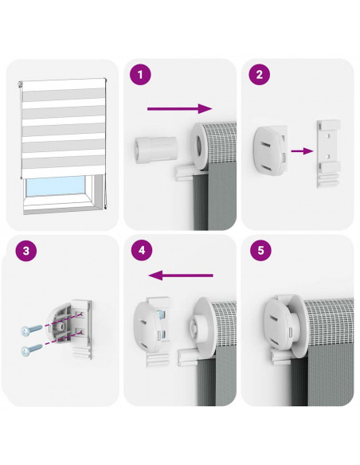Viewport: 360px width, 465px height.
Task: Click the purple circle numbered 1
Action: point(140,74)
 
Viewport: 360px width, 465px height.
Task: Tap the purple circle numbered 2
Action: point(259,74)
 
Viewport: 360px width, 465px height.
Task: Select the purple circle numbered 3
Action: point(26,251)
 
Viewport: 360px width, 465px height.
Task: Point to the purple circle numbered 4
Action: point(142,250)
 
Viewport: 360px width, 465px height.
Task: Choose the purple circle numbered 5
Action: point(260,250)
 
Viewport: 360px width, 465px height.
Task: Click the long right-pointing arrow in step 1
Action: point(180,108)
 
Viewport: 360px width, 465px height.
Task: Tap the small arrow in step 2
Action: point(302,151)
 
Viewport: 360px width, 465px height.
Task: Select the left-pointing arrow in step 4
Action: point(181,275)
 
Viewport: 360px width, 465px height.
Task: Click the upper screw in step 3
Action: point(32,330)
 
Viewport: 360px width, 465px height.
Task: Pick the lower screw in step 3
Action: point(32,350)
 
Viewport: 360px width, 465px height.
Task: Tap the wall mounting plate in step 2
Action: point(328,154)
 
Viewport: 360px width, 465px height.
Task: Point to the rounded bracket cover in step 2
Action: point(270,150)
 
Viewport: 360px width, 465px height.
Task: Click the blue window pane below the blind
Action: point(55,186)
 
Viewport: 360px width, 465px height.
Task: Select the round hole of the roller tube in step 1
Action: point(198,146)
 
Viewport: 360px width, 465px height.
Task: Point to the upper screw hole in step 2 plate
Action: point(328,135)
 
